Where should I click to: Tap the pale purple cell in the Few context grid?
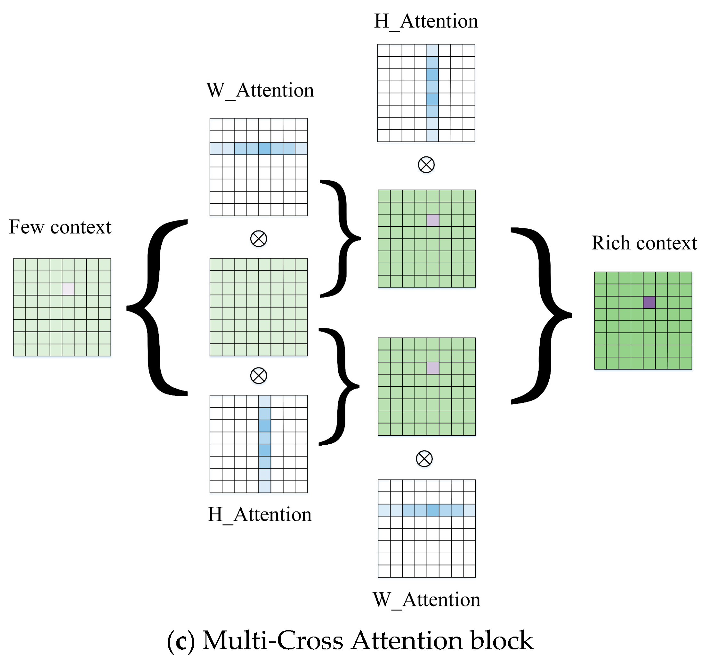point(68,289)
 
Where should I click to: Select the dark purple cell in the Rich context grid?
point(649,302)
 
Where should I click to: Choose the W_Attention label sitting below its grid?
point(426,600)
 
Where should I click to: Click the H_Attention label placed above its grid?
point(426,21)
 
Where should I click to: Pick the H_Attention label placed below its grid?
point(259,515)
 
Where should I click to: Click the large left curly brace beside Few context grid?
point(157,307)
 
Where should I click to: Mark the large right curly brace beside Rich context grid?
point(542,315)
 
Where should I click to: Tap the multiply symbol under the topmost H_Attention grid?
point(426,165)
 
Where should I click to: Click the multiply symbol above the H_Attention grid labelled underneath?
point(258,375)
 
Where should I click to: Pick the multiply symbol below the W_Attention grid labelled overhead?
point(258,239)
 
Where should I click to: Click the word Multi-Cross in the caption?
point(272,640)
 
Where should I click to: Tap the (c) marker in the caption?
point(181,640)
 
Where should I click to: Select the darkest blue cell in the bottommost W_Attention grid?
point(432,510)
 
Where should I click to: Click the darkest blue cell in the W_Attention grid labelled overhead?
point(264,148)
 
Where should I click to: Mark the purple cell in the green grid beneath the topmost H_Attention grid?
point(432,220)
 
